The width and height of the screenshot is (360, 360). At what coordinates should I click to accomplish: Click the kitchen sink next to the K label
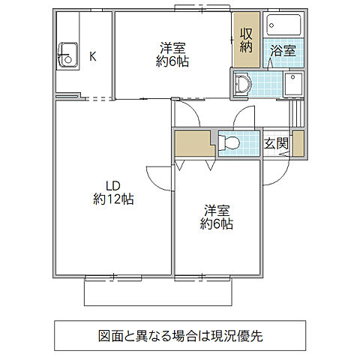click(x=67, y=55)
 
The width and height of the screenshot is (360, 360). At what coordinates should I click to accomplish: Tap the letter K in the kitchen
click(x=93, y=55)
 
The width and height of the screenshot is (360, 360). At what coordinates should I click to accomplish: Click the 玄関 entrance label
click(x=275, y=143)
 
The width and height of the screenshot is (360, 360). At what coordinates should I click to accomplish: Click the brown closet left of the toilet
click(x=193, y=142)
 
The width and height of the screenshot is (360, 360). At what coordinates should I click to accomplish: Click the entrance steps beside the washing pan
click(x=300, y=112)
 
